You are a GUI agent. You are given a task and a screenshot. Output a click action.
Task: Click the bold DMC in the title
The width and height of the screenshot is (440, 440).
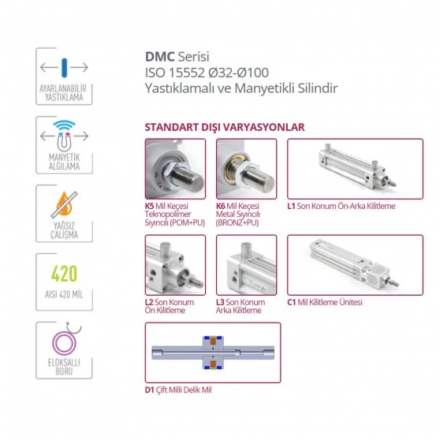[159, 58]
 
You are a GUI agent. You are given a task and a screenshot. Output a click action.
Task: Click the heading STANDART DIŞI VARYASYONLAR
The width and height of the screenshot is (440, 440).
[225, 127]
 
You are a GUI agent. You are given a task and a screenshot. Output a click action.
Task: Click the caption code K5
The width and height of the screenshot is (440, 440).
[150, 207]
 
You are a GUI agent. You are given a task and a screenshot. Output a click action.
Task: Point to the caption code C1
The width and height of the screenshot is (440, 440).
[292, 301]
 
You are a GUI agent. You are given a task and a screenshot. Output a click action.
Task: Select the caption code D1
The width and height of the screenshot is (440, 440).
[150, 389]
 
